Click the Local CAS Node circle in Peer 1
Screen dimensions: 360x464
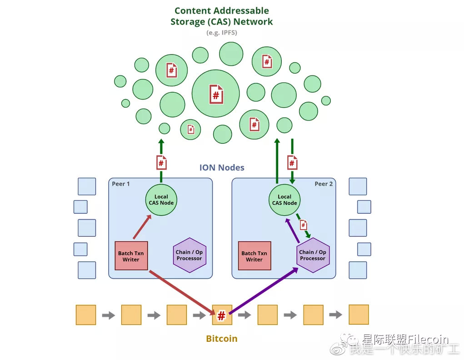tap(161, 200)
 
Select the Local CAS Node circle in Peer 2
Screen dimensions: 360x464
tap(284, 200)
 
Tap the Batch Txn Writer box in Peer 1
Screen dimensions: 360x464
tap(131, 256)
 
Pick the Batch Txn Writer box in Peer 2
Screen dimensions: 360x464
tap(254, 256)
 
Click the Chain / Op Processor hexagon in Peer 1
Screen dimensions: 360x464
tap(189, 255)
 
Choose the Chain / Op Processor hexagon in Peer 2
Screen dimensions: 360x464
tap(313, 255)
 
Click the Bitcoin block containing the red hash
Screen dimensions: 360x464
tap(222, 315)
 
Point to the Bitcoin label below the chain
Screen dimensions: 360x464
tap(222, 339)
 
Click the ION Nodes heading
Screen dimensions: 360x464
tap(222, 168)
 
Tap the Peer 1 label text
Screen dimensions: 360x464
tap(121, 184)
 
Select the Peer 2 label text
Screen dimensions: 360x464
tap(324, 184)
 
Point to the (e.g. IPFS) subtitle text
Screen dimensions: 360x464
tap(222, 33)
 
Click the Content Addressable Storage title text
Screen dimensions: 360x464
tap(222, 16)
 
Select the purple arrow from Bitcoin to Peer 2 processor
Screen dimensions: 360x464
tap(264, 291)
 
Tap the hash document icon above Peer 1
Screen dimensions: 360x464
tap(161, 162)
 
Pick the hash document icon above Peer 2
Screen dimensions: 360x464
tap(292, 162)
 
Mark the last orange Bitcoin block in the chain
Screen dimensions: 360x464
tap(359, 315)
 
